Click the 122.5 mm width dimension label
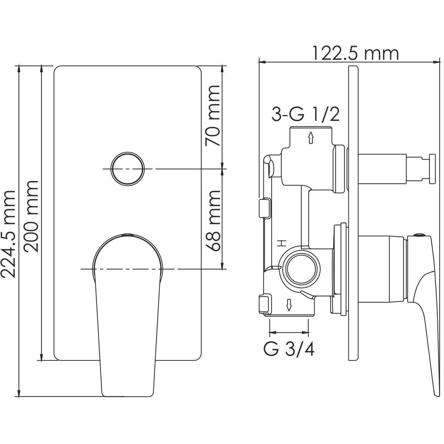(355, 53)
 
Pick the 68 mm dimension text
(214, 220)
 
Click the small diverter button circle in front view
(128, 168)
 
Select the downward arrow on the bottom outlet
(289, 305)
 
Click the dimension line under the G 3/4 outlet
(289, 333)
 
